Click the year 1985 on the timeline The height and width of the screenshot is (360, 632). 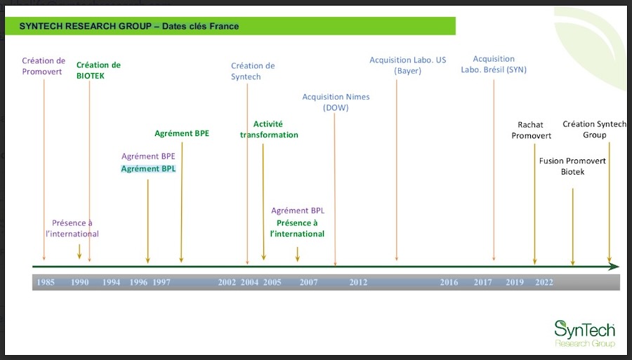click(46, 282)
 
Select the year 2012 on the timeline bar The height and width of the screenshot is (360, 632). click(358, 282)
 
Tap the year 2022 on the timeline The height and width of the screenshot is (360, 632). click(544, 282)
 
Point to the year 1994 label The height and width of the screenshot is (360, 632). click(111, 282)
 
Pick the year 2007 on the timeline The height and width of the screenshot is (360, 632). click(309, 282)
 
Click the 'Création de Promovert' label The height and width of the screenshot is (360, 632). click(44, 66)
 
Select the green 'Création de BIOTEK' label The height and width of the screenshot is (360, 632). click(98, 70)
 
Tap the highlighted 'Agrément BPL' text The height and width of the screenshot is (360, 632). click(148, 168)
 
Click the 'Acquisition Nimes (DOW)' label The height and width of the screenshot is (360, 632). click(336, 102)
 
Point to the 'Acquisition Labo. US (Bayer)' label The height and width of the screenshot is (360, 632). click(408, 65)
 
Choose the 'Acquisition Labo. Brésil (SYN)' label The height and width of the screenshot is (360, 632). click(494, 64)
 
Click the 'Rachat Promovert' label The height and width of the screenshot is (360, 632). click(532, 130)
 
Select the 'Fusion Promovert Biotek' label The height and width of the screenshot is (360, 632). click(572, 166)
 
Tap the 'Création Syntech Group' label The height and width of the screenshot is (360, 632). click(595, 129)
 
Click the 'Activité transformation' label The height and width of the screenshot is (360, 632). click(269, 129)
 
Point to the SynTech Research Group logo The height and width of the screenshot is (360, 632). click(585, 334)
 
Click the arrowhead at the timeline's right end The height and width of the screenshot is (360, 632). click(614, 267)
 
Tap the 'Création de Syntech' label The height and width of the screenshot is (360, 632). click(253, 72)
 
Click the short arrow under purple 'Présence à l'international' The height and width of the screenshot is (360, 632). click(79, 252)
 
